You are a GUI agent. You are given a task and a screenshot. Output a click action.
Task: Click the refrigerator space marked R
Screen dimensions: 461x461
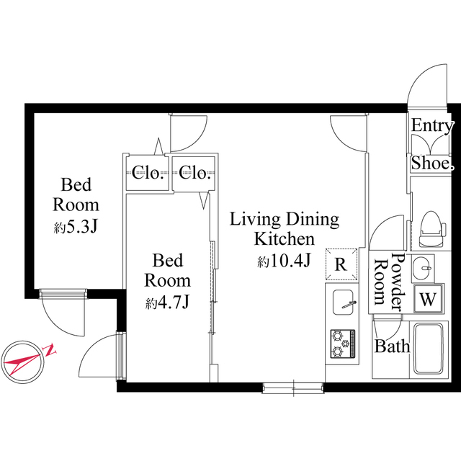pos(341,264)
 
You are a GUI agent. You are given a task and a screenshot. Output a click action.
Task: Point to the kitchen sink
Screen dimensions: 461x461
pos(341,303)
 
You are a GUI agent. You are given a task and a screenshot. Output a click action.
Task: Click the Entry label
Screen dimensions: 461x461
pos(432,126)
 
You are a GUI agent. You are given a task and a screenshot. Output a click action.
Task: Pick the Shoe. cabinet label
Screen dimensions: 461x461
pos(432,164)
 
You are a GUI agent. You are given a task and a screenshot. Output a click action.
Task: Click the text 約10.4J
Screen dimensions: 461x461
pos(284,261)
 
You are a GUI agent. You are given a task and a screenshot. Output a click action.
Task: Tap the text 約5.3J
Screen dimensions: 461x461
pos(75,227)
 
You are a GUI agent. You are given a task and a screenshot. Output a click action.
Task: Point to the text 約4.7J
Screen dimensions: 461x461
pos(167,303)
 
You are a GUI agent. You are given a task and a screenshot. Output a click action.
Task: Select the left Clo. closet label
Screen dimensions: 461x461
pos(147,172)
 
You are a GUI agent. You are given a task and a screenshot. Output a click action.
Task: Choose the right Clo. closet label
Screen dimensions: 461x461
pos(195,172)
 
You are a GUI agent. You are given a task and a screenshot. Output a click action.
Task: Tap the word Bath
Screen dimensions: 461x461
pos(392,346)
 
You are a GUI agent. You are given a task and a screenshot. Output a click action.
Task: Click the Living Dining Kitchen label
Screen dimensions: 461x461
pos(284,228)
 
